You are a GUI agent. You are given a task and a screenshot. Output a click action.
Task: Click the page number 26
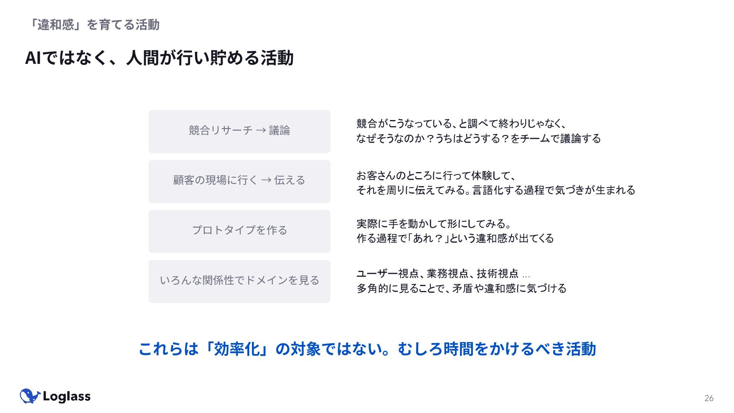pos(708,398)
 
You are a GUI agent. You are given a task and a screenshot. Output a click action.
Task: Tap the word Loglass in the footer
pos(67,397)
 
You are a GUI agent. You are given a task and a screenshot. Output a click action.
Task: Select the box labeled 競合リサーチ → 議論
pos(239,132)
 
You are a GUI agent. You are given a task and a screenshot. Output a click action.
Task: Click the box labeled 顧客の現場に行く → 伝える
pos(239,181)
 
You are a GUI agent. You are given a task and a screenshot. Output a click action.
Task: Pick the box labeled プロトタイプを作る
pos(239,231)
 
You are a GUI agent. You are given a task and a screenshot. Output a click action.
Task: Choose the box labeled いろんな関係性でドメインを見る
pos(239,281)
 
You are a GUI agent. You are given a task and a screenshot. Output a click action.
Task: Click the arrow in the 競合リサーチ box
pos(261,131)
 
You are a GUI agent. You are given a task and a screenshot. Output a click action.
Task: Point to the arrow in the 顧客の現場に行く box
pos(266,180)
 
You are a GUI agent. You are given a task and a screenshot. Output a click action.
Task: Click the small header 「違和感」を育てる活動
pos(94,25)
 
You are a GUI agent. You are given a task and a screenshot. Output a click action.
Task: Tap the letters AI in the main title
pos(33,58)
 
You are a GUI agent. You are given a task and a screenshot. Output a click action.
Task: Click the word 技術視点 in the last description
pos(497,274)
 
